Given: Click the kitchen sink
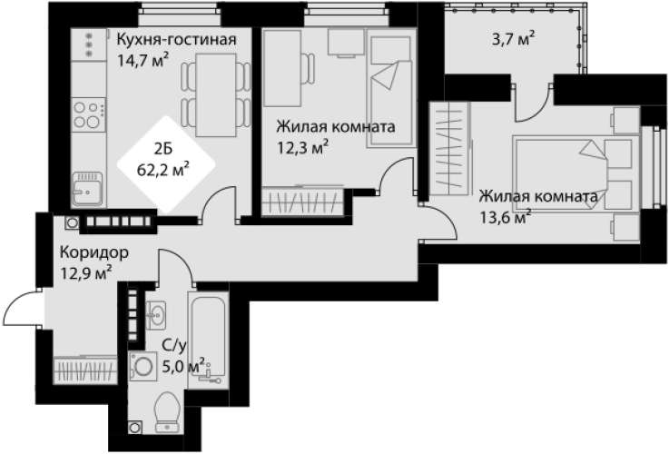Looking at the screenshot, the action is [x=87, y=189].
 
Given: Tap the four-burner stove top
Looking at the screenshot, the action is [x=89, y=114].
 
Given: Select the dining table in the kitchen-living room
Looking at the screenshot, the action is [x=216, y=95].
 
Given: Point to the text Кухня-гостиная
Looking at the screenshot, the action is [x=177, y=40].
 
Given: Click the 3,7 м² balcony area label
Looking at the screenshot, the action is [x=513, y=40].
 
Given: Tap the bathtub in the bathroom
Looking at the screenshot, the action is [x=208, y=340].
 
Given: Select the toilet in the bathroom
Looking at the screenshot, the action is [x=167, y=411].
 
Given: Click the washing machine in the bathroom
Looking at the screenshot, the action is [x=143, y=366].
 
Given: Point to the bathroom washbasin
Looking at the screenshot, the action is [x=156, y=315].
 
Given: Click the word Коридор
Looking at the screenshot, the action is [x=93, y=252].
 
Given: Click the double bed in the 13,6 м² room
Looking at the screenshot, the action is [x=576, y=173].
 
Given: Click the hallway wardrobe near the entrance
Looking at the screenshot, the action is [x=85, y=370].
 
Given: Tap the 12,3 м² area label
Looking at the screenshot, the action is [x=303, y=148].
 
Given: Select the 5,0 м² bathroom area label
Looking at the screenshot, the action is [x=184, y=366].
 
